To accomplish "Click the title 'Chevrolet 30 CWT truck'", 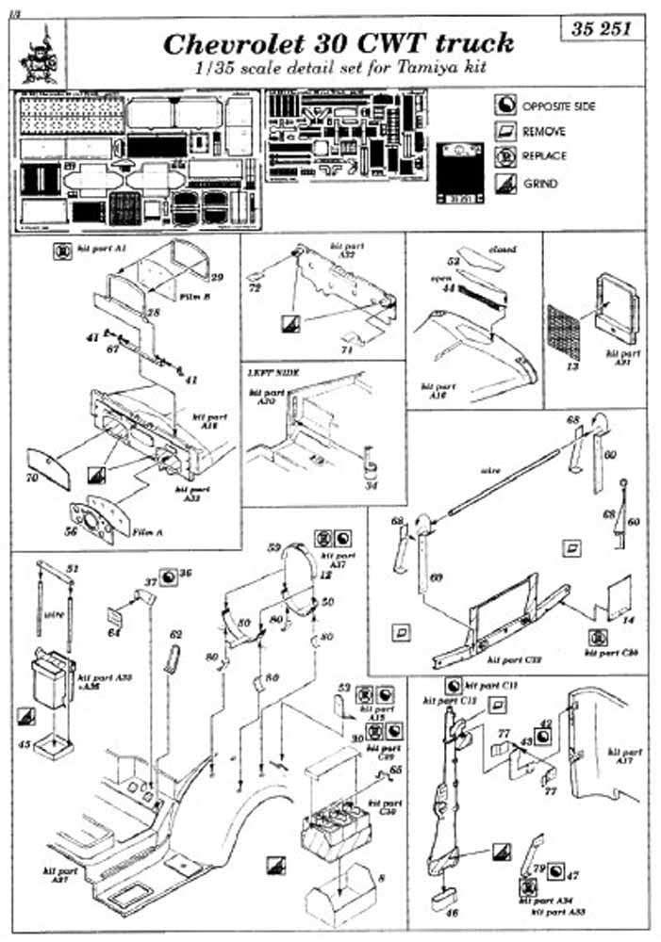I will (339, 43).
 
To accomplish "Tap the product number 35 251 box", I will (607, 28).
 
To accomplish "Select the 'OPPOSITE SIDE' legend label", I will (558, 106).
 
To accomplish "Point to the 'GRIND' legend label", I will (541, 184).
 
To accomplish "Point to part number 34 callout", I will (372, 486).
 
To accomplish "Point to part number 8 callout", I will (380, 879).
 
